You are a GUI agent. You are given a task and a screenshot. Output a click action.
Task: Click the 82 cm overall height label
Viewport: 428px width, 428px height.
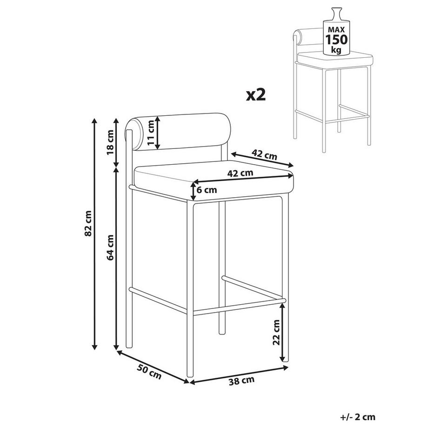pyautogui.click(x=88, y=223)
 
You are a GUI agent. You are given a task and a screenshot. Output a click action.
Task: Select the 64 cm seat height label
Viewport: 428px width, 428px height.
pyautogui.click(x=110, y=247)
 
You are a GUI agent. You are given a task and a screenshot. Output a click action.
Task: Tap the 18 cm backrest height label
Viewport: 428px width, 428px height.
pyautogui.click(x=110, y=142)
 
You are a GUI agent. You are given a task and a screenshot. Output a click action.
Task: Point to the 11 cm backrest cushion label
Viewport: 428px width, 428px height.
pyautogui.click(x=150, y=133)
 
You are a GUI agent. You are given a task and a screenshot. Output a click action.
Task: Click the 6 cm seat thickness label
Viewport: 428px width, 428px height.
pyautogui.click(x=207, y=190)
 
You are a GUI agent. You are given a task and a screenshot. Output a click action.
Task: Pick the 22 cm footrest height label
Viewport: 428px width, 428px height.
pyautogui.click(x=276, y=332)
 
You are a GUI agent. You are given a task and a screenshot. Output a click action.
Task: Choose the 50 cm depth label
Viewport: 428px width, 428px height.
pyautogui.click(x=149, y=372)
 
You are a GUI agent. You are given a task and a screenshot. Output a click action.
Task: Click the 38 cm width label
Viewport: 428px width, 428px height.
pyautogui.click(x=241, y=381)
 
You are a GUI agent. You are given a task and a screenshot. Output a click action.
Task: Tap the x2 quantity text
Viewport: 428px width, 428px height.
pyautogui.click(x=256, y=95)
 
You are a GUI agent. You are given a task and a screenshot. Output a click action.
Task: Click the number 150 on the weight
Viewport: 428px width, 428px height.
pyautogui.click(x=336, y=40)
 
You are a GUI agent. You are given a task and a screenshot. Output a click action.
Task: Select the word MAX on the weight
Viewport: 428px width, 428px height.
pyautogui.click(x=336, y=29)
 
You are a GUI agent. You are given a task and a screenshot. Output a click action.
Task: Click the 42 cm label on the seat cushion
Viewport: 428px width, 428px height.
pyautogui.click(x=240, y=173)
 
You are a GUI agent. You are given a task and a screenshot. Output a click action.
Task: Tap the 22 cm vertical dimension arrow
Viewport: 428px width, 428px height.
pyautogui.click(x=283, y=332)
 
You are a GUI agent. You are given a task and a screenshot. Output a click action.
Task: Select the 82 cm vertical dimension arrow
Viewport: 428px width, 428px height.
pyautogui.click(x=94, y=234)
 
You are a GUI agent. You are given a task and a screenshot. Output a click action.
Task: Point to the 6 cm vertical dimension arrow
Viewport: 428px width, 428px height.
pyautogui.click(x=194, y=191)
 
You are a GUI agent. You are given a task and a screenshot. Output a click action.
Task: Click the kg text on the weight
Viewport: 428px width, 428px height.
pyautogui.click(x=336, y=50)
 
